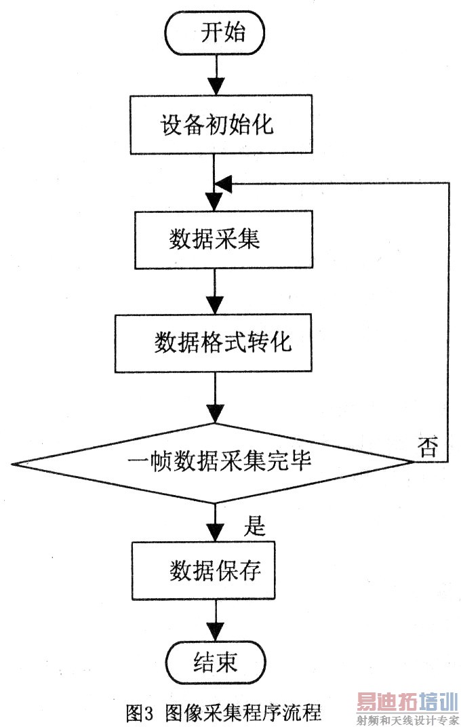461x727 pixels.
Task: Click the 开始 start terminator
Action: [x=216, y=34]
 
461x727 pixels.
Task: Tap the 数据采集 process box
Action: [x=214, y=240]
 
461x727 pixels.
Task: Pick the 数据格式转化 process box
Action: [x=215, y=342]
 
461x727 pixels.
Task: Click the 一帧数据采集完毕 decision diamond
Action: [x=214, y=463]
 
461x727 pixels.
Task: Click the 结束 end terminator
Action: [x=215, y=661]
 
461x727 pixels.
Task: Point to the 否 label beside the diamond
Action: [x=428, y=448]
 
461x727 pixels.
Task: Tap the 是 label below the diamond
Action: [x=252, y=524]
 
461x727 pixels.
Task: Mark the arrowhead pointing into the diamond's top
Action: [x=215, y=414]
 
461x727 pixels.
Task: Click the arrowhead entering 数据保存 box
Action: [x=215, y=533]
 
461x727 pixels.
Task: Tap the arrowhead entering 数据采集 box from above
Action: [x=215, y=202]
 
